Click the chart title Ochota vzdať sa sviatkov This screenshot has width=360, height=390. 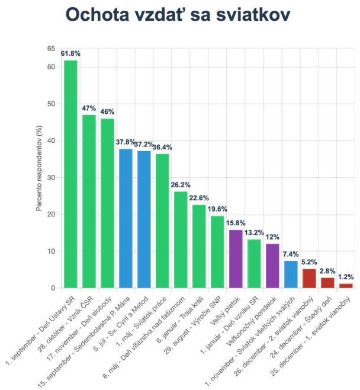[x=178, y=15]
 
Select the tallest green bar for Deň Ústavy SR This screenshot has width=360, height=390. [x=71, y=174]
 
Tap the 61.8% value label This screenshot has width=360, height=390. [x=70, y=54]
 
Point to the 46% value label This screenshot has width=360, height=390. [x=107, y=112]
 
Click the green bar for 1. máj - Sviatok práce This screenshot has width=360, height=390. [x=162, y=221]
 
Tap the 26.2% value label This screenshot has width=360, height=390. [x=181, y=185]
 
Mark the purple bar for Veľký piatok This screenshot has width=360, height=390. [x=236, y=259]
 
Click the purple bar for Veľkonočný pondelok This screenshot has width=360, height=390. [x=272, y=266]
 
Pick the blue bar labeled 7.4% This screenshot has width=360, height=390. [x=291, y=274]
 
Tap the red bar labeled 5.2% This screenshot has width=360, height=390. [x=309, y=279]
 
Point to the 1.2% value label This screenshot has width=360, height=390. [x=346, y=277]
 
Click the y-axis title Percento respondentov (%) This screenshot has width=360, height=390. [x=38, y=168]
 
